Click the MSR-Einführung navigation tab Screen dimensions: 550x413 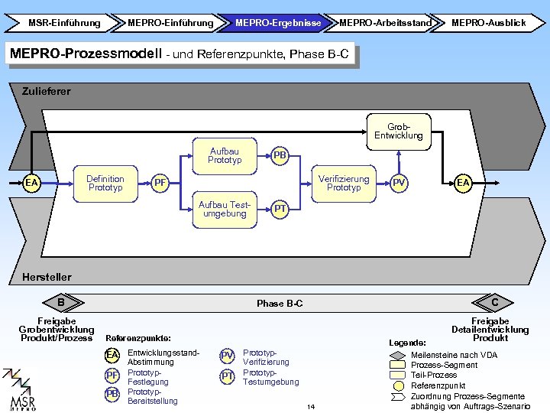click(63, 23)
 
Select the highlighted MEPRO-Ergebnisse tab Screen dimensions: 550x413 click(278, 23)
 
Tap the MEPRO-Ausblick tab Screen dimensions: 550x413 click(488, 23)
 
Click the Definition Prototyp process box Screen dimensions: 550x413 click(105, 184)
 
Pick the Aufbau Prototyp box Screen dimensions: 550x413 click(225, 156)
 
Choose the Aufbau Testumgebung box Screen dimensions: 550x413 click(225, 210)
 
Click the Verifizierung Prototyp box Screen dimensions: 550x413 click(344, 184)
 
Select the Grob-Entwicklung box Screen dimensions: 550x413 click(399, 132)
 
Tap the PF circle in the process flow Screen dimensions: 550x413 click(160, 183)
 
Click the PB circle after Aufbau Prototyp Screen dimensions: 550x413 click(280, 155)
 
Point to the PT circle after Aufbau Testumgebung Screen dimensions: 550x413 click(280, 210)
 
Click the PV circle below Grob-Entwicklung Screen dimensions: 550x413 click(399, 183)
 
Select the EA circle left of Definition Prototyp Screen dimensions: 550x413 click(31, 183)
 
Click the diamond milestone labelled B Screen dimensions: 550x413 click(61, 302)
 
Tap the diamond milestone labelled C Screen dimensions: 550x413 click(493, 302)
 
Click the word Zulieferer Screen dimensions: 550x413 click(47, 92)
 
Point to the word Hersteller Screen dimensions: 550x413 click(47, 278)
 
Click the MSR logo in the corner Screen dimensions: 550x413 click(19, 389)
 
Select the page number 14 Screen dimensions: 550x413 click(311, 407)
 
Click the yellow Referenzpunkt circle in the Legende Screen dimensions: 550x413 click(399, 386)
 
